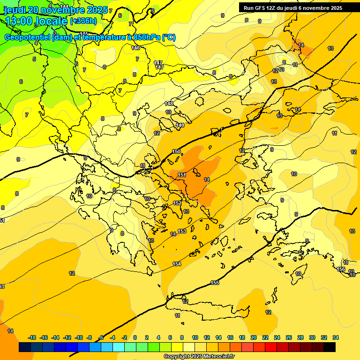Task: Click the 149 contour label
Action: (180, 125)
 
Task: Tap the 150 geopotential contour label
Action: (176, 151)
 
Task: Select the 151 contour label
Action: (182, 175)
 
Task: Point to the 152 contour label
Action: (177, 203)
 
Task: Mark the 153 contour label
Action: (182, 231)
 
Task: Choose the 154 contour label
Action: (177, 264)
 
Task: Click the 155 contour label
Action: (215, 283)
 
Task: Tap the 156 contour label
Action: (341, 269)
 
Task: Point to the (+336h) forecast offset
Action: (83, 21)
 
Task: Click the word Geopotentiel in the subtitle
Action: (28, 37)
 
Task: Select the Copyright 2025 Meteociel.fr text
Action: (199, 357)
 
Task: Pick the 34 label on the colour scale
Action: (336, 337)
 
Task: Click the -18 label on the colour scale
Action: (32, 337)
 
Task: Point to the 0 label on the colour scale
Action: (135, 337)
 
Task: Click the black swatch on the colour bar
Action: (330, 347)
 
